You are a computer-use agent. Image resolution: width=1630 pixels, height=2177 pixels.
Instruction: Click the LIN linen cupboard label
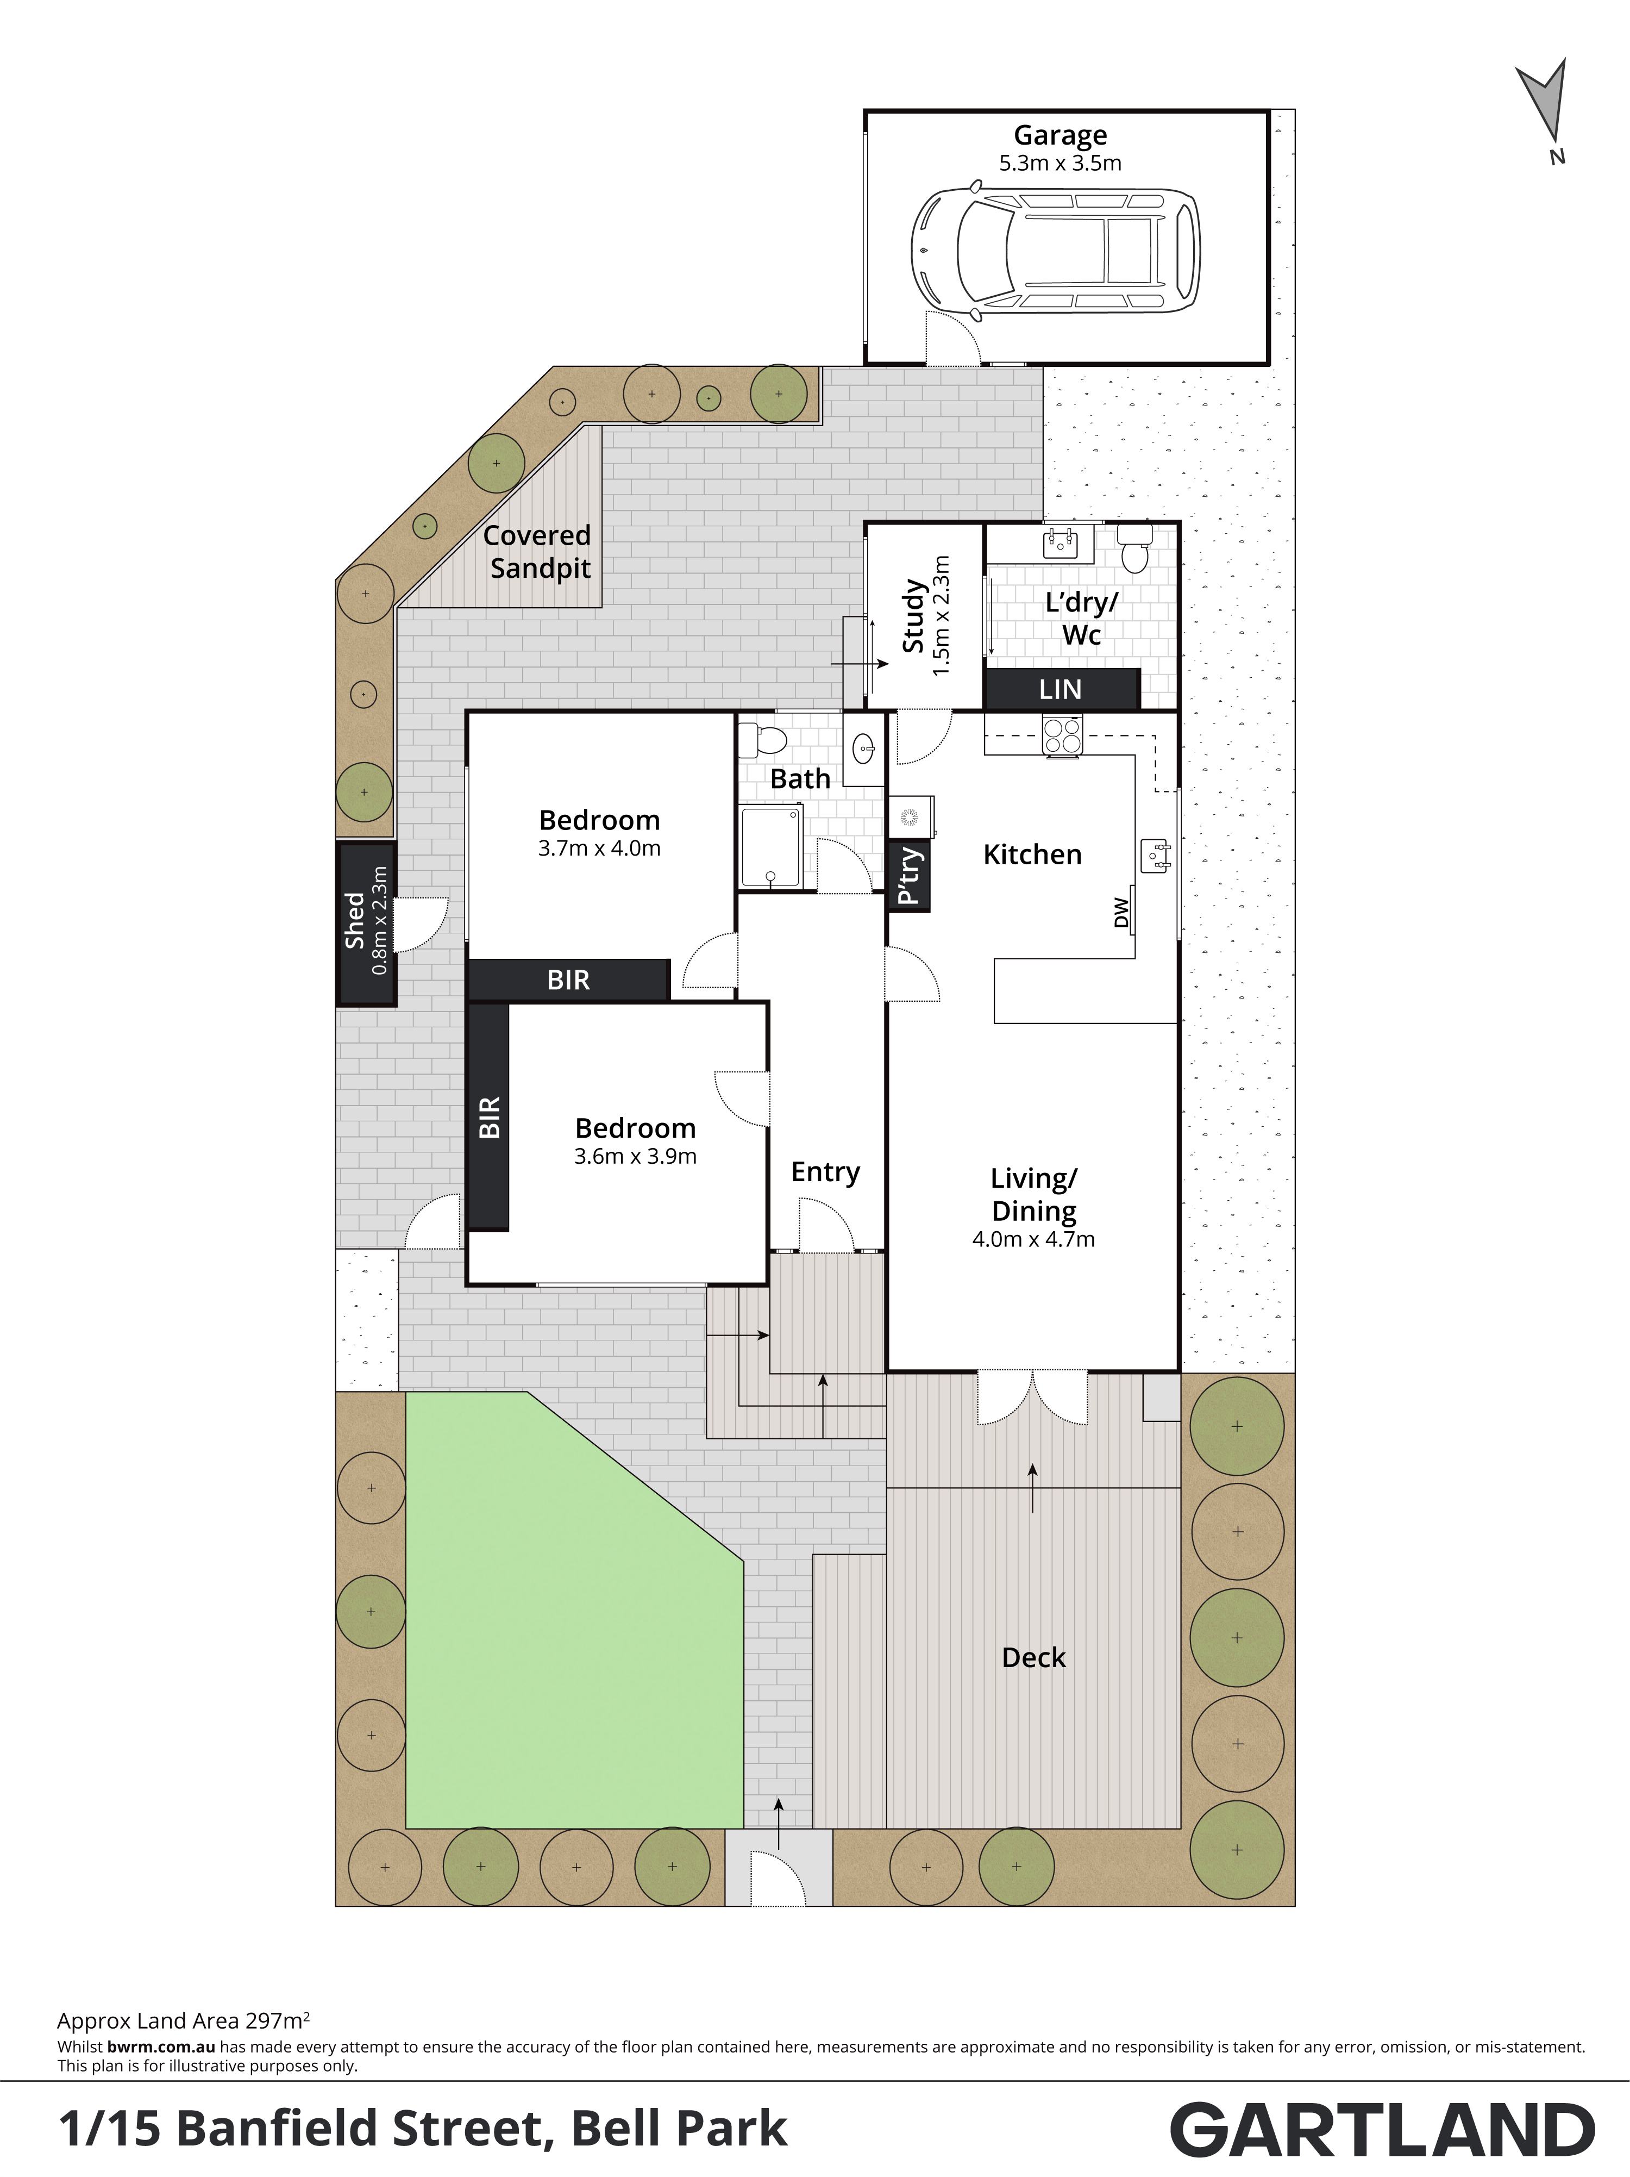pyautogui.click(x=1061, y=690)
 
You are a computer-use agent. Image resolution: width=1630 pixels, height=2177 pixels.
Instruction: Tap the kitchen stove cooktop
pyautogui.click(x=1062, y=735)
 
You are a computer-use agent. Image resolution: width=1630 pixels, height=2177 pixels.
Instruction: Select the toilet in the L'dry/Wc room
pyautogui.click(x=1135, y=548)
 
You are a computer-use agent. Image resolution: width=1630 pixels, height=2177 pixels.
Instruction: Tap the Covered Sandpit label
pyautogui.click(x=538, y=552)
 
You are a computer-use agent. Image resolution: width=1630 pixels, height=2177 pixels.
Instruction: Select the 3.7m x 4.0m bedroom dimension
pyautogui.click(x=599, y=849)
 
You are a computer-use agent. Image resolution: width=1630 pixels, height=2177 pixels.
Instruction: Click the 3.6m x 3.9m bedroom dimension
pyautogui.click(x=636, y=1156)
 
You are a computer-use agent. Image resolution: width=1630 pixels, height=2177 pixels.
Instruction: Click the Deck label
pyautogui.click(x=1034, y=1657)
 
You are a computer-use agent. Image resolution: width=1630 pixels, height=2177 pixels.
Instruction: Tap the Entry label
pyautogui.click(x=825, y=1172)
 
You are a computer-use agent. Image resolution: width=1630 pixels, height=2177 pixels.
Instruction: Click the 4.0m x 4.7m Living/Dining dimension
pyautogui.click(x=1033, y=1239)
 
